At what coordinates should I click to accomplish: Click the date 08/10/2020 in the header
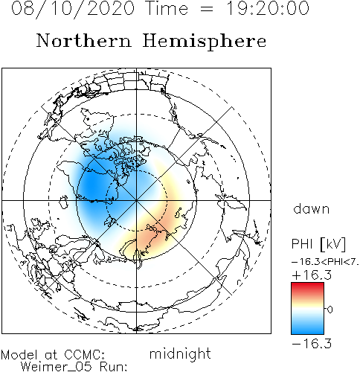[73, 9]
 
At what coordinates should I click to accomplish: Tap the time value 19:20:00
[268, 8]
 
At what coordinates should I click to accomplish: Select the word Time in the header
[167, 8]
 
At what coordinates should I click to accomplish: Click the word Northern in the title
[83, 41]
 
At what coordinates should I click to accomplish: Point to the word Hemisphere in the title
[205, 42]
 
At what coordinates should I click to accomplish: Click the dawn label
[312, 208]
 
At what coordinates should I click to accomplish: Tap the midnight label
[180, 353]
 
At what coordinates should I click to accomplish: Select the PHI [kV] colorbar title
[318, 244]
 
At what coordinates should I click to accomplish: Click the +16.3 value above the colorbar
[312, 275]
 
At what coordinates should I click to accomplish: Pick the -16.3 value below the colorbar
[312, 344]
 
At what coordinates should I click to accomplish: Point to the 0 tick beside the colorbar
[330, 310]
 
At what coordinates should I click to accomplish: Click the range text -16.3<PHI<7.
[325, 262]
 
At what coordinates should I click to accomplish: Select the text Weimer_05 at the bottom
[56, 367]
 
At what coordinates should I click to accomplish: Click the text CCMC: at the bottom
[85, 355]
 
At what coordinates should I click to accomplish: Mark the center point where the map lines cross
[136, 200]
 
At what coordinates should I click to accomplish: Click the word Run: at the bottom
[114, 367]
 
